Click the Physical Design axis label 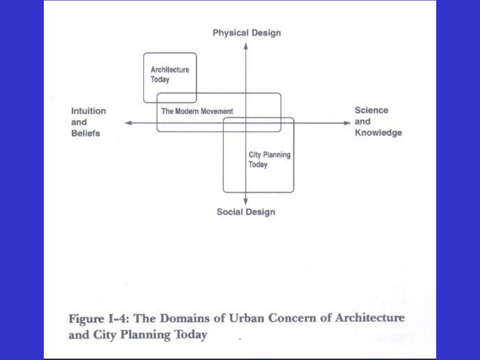246,33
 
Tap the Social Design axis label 246,212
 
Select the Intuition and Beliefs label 88,122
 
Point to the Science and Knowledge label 378,122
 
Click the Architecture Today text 163,75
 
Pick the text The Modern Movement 197,111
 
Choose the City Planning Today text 269,160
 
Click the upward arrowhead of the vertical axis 246,45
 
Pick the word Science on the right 371,111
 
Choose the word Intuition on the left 88,111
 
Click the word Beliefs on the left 85,133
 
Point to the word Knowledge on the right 378,133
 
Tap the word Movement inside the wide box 217,111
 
